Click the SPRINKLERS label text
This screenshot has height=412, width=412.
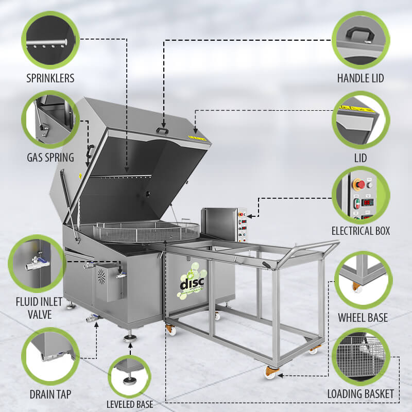click(x=50, y=78)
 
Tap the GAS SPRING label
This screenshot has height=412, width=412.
click(x=50, y=158)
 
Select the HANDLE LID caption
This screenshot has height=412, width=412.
click(x=360, y=78)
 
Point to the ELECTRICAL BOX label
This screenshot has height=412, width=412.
click(x=361, y=231)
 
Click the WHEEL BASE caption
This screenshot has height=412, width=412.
click(x=363, y=317)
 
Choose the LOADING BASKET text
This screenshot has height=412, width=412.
click(x=360, y=394)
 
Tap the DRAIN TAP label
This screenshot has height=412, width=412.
click(x=50, y=394)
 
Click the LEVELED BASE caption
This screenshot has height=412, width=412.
click(x=130, y=404)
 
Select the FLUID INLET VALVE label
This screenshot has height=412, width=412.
click(x=39, y=308)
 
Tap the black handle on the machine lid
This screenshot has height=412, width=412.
click(x=162, y=131)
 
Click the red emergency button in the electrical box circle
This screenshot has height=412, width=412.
click(x=359, y=184)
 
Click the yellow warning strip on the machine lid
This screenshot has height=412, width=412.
click(x=197, y=138)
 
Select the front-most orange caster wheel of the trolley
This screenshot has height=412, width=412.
click(x=270, y=372)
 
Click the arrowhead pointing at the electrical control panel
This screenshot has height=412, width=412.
click(x=250, y=216)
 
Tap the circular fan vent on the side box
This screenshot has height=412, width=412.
click(x=101, y=276)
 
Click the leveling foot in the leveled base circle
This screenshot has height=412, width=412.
click(x=129, y=379)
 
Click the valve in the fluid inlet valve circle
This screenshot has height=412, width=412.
click(x=37, y=263)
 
